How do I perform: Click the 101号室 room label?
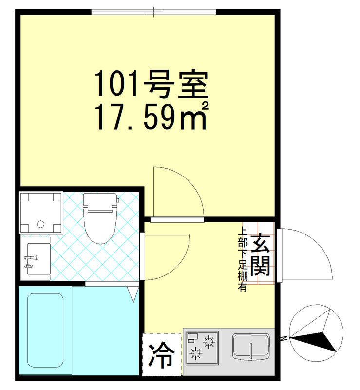click(x=151, y=85)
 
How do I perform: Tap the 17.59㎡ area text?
click(x=151, y=117)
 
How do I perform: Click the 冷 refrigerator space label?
click(x=160, y=355)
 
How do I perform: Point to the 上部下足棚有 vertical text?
click(x=242, y=261)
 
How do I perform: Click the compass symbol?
click(x=317, y=334)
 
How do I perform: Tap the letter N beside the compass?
click(x=283, y=337)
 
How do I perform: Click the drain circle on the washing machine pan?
click(x=40, y=225)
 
